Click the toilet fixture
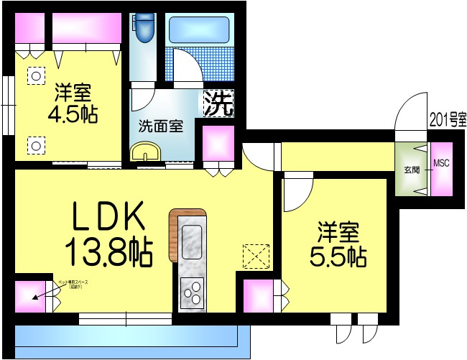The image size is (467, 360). [146, 27]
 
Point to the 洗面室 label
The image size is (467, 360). [160, 127]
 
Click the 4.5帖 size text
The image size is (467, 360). [73, 114]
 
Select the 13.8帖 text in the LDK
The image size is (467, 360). [108, 251]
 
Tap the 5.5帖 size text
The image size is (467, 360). [338, 255]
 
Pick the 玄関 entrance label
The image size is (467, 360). [412, 170]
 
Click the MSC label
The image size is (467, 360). [441, 163]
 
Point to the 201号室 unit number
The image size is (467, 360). [447, 119]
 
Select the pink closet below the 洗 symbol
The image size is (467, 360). [218, 146]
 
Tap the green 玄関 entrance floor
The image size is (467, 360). [411, 180]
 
